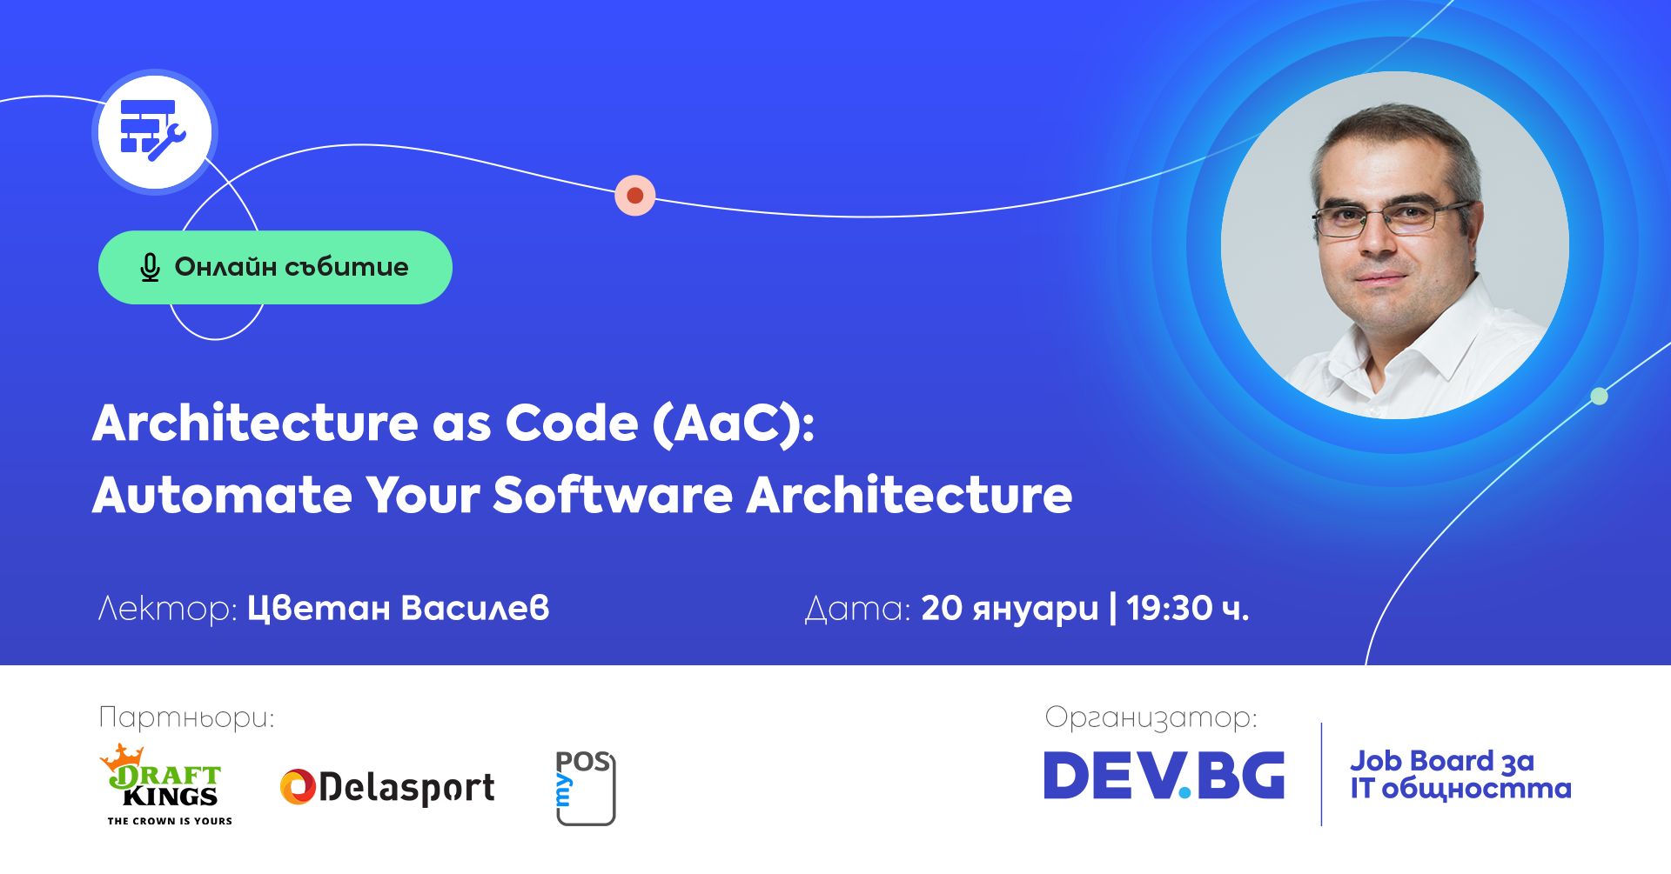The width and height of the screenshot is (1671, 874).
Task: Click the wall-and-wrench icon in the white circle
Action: [152, 130]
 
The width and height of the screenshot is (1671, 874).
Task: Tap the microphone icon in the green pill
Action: [150, 268]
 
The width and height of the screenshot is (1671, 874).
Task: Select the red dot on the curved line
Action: [635, 196]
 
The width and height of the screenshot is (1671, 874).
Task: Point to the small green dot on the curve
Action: [1599, 397]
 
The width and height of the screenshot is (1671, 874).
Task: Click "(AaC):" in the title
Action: [734, 424]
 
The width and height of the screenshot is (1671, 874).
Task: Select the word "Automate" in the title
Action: [223, 496]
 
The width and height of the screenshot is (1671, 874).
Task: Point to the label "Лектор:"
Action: [167, 609]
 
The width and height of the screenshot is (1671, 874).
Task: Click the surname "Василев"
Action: [475, 608]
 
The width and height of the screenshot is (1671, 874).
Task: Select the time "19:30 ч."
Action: [1188, 609]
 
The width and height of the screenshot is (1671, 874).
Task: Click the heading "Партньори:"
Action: [186, 717]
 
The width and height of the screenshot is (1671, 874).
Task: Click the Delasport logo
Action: [387, 788]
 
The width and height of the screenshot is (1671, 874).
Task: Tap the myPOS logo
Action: [585, 788]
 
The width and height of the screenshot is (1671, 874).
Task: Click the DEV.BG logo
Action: [1164, 776]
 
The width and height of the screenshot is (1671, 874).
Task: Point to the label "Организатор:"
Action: [1151, 718]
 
